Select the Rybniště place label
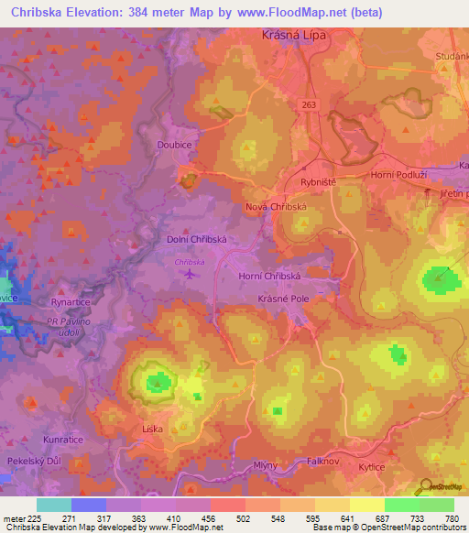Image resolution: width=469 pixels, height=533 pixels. point(318,182)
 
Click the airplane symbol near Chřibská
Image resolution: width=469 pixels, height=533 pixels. point(191,273)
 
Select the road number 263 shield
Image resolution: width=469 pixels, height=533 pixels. point(308,105)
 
